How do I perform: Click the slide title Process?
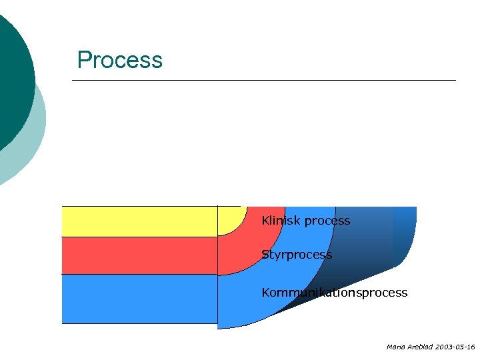(x=119, y=60)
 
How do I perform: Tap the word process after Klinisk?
(x=327, y=221)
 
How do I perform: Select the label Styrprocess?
(x=297, y=255)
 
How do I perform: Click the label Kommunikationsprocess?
(x=334, y=293)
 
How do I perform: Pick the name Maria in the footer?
(x=394, y=347)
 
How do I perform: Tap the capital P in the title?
(x=84, y=60)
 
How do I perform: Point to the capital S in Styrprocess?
(x=265, y=255)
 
